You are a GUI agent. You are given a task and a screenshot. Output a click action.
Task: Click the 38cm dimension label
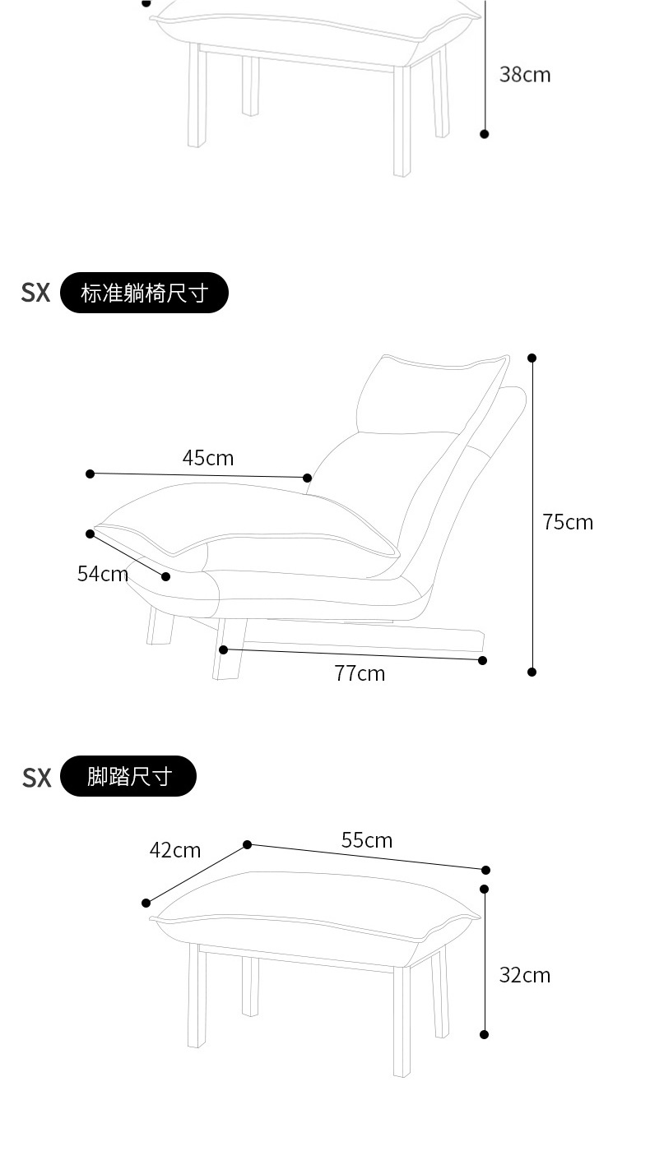(525, 75)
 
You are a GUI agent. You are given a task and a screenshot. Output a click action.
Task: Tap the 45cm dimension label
(208, 458)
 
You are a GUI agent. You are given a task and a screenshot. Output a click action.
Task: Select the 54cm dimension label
(103, 574)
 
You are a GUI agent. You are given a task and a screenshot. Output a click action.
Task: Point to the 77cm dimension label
(360, 673)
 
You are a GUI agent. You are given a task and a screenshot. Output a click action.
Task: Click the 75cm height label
(568, 522)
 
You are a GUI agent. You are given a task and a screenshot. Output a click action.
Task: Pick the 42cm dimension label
(175, 850)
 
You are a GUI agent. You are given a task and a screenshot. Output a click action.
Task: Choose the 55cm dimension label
(367, 840)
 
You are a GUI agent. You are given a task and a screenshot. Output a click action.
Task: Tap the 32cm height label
(525, 975)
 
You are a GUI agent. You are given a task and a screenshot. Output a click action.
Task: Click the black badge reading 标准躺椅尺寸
(144, 293)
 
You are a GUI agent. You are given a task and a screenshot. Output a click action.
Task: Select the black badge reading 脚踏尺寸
(129, 776)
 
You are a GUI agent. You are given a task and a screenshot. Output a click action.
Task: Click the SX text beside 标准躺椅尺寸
(35, 293)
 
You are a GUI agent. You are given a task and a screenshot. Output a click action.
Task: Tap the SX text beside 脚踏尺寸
(36, 777)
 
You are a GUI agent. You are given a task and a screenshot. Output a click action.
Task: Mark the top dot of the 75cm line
(532, 358)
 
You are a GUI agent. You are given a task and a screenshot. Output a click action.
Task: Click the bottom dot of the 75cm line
(532, 672)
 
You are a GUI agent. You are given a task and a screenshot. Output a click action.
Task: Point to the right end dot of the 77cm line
(483, 660)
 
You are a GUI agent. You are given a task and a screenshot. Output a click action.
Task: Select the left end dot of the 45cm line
(91, 474)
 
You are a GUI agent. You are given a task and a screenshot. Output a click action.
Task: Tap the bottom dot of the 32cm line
(485, 1034)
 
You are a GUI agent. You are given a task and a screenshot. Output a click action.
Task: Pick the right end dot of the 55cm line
(485, 870)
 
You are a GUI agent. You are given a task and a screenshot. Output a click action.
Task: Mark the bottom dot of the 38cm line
(485, 133)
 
